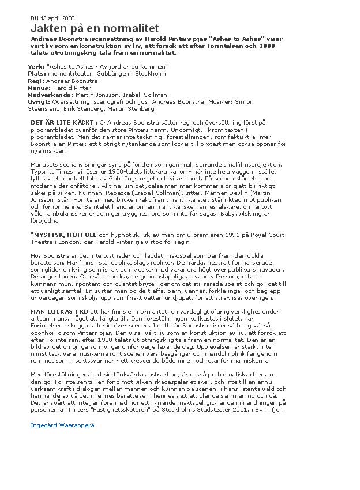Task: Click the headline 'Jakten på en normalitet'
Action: point(94,28)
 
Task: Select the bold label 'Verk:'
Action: point(36,67)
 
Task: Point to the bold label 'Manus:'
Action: point(39,88)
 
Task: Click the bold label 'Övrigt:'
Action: point(39,101)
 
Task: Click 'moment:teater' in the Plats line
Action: point(67,74)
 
